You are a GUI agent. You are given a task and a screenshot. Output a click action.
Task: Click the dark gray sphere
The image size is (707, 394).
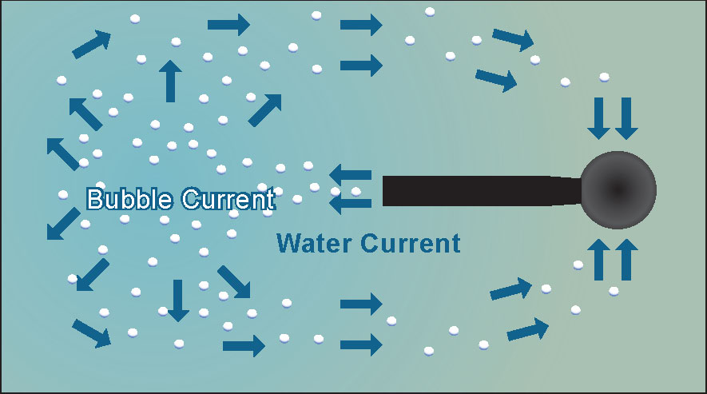point(618,189)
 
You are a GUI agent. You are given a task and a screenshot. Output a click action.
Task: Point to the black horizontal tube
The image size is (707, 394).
point(479,190)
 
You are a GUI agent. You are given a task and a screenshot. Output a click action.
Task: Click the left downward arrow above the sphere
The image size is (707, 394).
point(598,117)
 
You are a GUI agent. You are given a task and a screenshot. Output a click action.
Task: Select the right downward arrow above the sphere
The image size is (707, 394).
point(626,117)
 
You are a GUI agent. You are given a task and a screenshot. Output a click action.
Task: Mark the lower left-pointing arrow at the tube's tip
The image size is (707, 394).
point(351,203)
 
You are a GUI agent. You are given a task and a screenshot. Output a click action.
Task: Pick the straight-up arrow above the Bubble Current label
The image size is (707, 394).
point(169,81)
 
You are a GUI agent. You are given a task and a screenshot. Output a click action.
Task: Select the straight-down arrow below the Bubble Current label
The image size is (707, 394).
point(177,300)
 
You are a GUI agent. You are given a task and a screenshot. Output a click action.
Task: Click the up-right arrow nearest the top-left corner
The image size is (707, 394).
point(91,45)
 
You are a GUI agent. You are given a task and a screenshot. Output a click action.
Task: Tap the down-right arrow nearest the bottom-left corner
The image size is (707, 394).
point(91,332)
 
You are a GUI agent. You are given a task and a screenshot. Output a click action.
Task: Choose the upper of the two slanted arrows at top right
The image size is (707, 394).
point(513,38)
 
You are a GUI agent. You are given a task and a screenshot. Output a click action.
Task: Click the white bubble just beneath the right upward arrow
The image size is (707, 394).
point(614,291)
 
